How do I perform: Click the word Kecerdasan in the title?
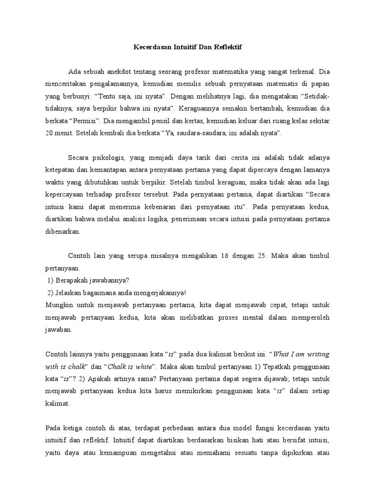click(152, 48)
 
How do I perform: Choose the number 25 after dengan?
click(279, 256)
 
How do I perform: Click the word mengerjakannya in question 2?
click(158, 292)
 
